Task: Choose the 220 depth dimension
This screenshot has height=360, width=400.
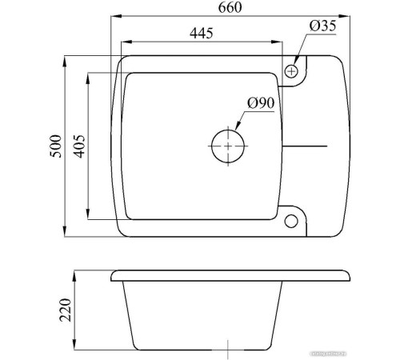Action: [65, 308]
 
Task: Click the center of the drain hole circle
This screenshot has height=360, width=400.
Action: [229, 147]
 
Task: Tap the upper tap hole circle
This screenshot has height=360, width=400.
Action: [292, 71]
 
